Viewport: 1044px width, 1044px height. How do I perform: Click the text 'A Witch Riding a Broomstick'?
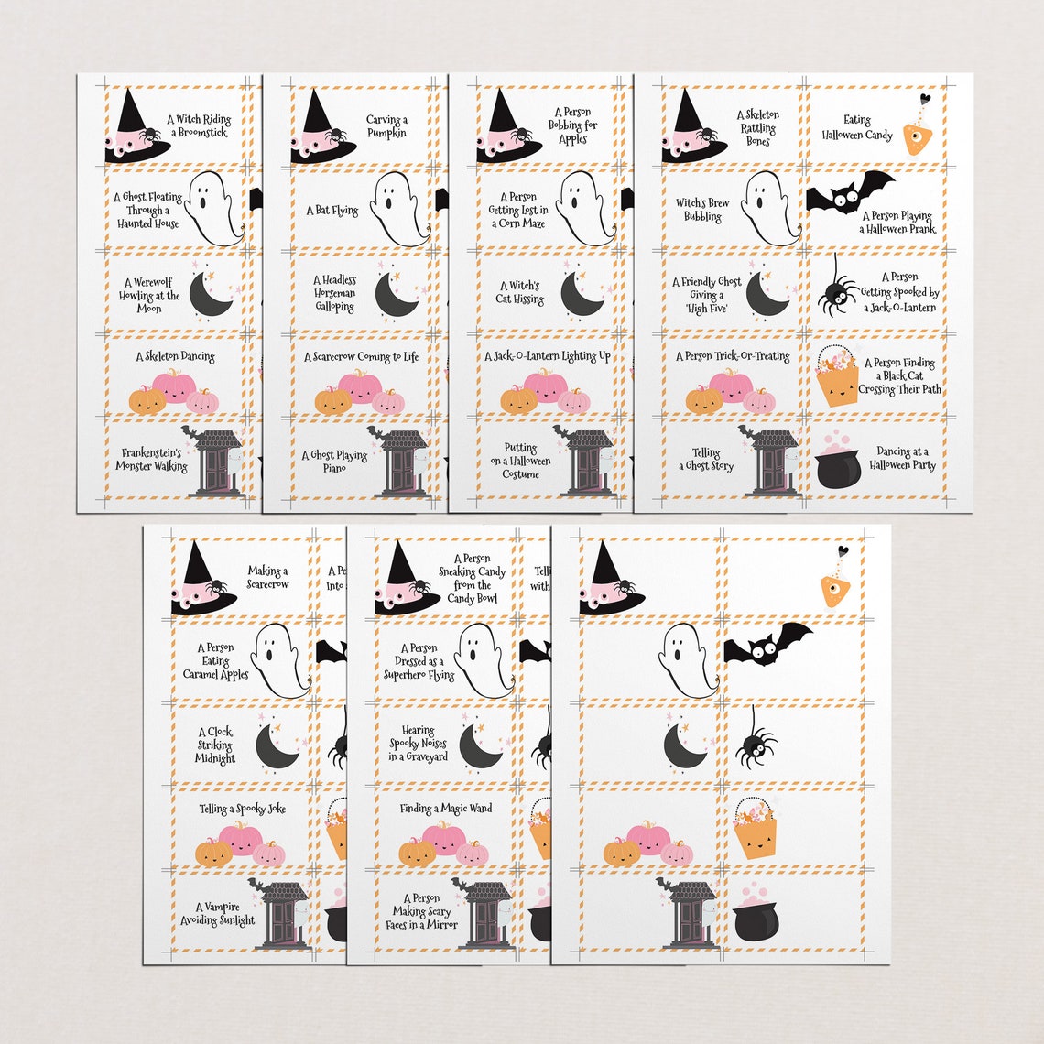point(198,125)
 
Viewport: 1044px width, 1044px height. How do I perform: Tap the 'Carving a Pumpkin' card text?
point(386,126)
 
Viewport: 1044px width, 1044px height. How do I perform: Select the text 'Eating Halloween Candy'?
point(856,127)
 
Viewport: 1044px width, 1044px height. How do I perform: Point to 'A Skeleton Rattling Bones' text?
point(757,127)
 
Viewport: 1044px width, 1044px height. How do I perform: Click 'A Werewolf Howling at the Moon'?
point(149,296)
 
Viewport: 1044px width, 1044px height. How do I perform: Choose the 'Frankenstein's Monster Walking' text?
point(152,459)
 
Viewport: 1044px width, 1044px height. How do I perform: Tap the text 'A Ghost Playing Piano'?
point(335,461)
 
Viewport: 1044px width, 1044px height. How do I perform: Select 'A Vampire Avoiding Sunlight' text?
point(217,913)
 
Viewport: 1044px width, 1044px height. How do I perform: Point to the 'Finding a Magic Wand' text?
point(446,809)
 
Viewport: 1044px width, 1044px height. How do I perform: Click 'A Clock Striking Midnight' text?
point(215,745)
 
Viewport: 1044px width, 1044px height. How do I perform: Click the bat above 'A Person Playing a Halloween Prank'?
point(849,192)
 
